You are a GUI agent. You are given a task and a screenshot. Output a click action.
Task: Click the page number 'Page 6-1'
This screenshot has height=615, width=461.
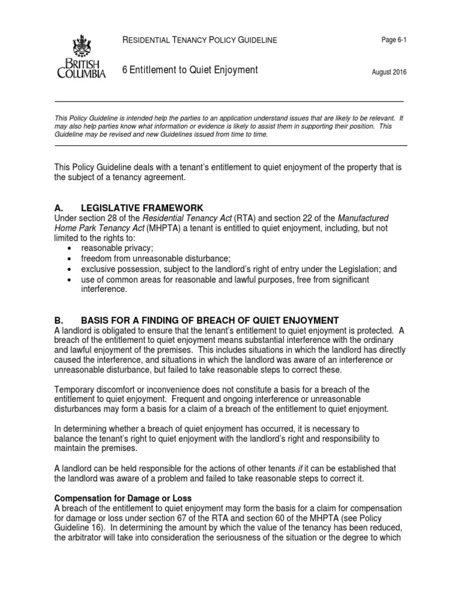click(x=394, y=40)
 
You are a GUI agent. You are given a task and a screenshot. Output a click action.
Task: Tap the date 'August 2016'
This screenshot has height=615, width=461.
click(x=389, y=72)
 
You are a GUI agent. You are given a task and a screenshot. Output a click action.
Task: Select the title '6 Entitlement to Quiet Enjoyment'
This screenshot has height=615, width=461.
click(x=190, y=70)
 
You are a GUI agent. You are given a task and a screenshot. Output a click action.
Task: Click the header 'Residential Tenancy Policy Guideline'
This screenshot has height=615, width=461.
click(x=199, y=40)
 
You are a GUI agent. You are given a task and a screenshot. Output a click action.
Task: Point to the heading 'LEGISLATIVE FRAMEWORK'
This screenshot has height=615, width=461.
click(x=147, y=207)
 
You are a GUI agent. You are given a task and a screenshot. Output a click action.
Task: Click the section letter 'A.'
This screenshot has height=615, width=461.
click(x=60, y=207)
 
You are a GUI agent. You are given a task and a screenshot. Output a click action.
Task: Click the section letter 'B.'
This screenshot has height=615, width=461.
click(x=60, y=320)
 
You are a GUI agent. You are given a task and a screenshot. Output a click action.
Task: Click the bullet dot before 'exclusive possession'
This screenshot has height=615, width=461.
click(x=71, y=270)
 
